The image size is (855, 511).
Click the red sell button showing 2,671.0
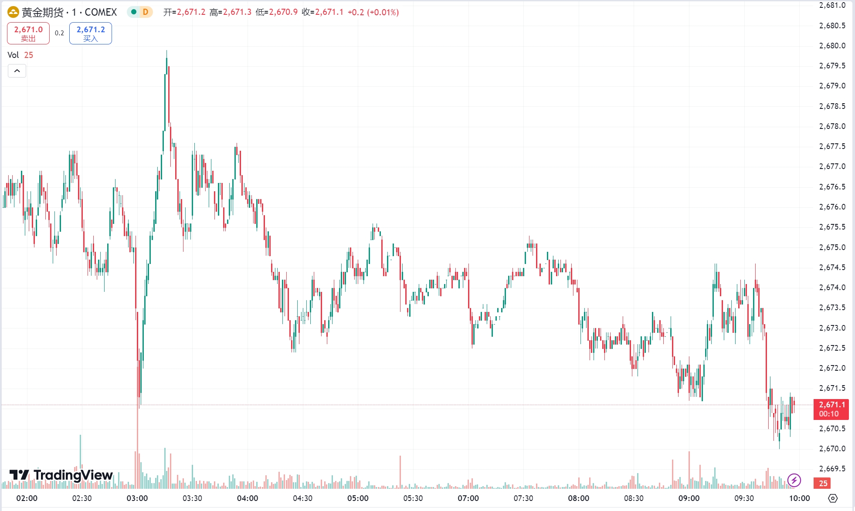tap(28, 34)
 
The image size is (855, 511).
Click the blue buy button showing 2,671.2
tap(91, 34)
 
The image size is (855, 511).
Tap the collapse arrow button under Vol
tap(17, 71)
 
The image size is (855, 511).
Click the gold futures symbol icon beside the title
tap(13, 12)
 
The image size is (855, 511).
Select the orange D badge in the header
tap(145, 12)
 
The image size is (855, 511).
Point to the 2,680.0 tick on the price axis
tap(832, 46)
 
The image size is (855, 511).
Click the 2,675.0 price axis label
tap(832, 247)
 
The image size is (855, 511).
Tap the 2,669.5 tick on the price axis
tap(832, 469)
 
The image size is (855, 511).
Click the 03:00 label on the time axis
tap(137, 498)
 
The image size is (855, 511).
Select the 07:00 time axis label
tap(468, 498)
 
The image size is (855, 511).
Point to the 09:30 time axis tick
tap(744, 498)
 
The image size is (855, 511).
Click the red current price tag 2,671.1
tap(831, 409)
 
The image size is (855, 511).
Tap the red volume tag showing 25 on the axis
tap(823, 483)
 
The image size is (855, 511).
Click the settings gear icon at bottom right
tap(833, 498)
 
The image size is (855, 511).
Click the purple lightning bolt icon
tap(794, 481)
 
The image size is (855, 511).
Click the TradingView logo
tap(61, 475)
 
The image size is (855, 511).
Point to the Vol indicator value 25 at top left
tap(29, 55)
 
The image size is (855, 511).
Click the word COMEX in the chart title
tap(101, 12)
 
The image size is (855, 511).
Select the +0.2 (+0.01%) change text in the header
tap(373, 12)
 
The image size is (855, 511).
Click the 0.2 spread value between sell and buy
tap(59, 33)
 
